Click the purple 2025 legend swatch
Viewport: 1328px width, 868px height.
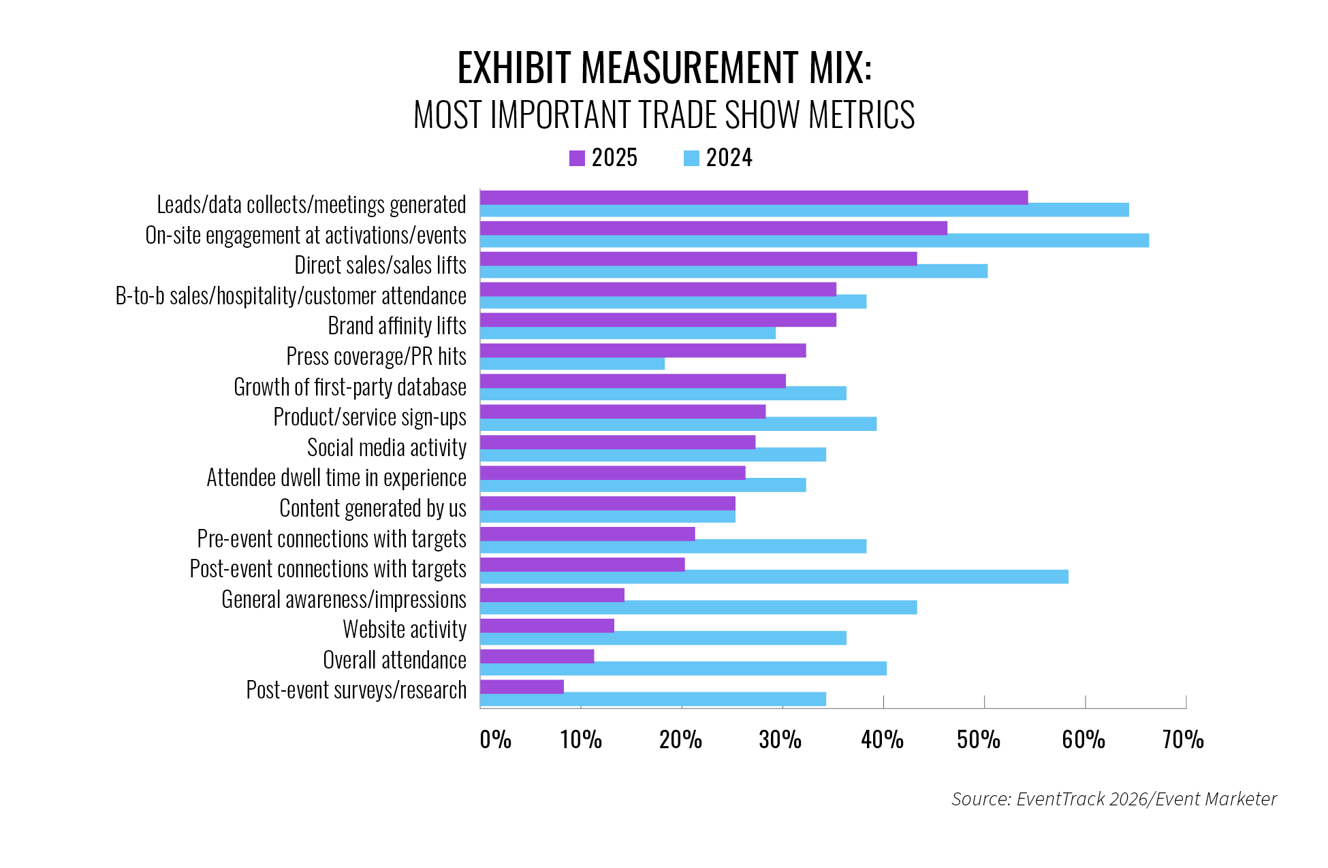pyautogui.click(x=577, y=158)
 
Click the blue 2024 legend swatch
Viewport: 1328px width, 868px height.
pyautogui.click(x=691, y=158)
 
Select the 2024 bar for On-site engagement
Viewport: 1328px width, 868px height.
pyautogui.click(x=814, y=240)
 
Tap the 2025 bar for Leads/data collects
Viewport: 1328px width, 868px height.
pyautogui.click(x=753, y=197)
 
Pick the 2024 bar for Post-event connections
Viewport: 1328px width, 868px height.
pyautogui.click(x=774, y=577)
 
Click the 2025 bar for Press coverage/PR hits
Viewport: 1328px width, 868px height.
pyautogui.click(x=642, y=350)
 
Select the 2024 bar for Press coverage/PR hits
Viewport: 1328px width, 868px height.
pyautogui.click(x=572, y=364)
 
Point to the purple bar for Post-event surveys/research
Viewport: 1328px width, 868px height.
pyautogui.click(x=522, y=686)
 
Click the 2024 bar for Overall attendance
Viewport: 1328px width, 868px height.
pyautogui.click(x=683, y=669)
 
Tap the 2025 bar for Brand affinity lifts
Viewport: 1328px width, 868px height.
pyautogui.click(x=658, y=319)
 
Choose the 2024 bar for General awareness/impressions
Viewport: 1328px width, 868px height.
pyautogui.click(x=698, y=607)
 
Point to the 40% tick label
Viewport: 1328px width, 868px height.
pyautogui.click(x=882, y=740)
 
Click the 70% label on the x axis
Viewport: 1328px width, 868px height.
pyautogui.click(x=1183, y=740)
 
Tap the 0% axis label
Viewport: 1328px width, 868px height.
pyautogui.click(x=495, y=740)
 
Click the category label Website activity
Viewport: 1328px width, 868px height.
pyautogui.click(x=405, y=630)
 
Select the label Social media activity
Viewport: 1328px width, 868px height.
pyautogui.click(x=386, y=448)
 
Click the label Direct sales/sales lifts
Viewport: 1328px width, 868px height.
pyautogui.click(x=380, y=266)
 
